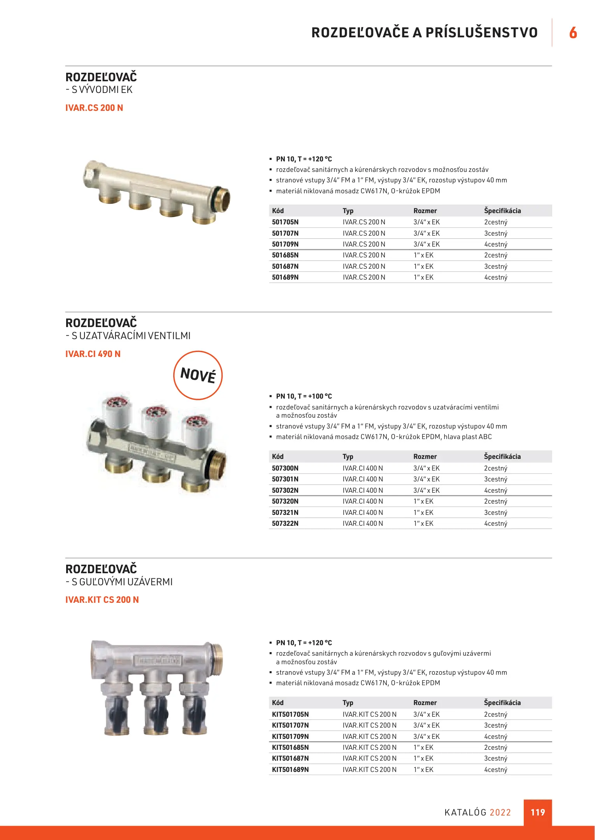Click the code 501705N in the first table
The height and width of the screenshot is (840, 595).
pyautogui.click(x=285, y=222)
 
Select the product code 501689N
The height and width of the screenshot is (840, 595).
pyautogui.click(x=285, y=277)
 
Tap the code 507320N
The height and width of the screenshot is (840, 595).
pyautogui.click(x=285, y=501)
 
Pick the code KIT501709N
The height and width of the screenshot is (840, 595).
pyautogui.click(x=290, y=737)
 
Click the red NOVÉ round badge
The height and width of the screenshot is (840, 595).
pyautogui.click(x=198, y=375)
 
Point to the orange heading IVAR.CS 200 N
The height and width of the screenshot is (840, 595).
pyautogui.click(x=94, y=108)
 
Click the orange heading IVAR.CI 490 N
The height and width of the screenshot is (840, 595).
pyautogui.click(x=93, y=354)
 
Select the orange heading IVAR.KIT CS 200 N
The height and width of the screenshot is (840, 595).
pyautogui.click(x=102, y=600)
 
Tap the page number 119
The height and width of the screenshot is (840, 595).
pyautogui.click(x=538, y=812)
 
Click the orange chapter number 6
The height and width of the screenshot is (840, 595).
pyautogui.click(x=573, y=33)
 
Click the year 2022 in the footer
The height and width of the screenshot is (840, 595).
pyautogui.click(x=500, y=812)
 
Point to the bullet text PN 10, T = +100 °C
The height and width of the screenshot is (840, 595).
pyautogui.click(x=304, y=396)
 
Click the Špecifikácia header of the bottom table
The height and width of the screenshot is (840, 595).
pyautogui.click(x=502, y=703)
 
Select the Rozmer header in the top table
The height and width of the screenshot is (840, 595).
pyautogui.click(x=425, y=211)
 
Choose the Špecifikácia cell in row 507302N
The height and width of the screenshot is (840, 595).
pyautogui.click(x=496, y=490)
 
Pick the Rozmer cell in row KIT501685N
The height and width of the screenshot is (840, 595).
pyautogui.click(x=423, y=747)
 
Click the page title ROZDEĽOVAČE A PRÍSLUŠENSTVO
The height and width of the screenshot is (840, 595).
pyautogui.click(x=425, y=33)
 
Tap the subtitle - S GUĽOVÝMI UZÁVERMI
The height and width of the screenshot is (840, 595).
pyautogui.click(x=119, y=582)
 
